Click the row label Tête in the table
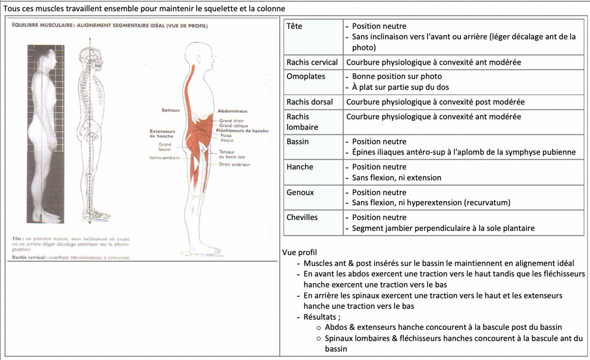coord(295,26)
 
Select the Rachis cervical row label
coord(312,62)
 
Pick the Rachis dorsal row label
coord(310,102)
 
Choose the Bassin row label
coord(298,142)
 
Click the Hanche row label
coord(300,167)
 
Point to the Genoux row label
coord(300,192)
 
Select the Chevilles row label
coord(302,217)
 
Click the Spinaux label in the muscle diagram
coord(171,110)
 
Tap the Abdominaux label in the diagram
coord(232,111)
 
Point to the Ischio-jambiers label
coord(165,158)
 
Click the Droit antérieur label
coord(234,165)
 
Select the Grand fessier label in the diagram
coord(165,147)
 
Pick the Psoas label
coord(226,136)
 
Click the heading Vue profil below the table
coord(299,253)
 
